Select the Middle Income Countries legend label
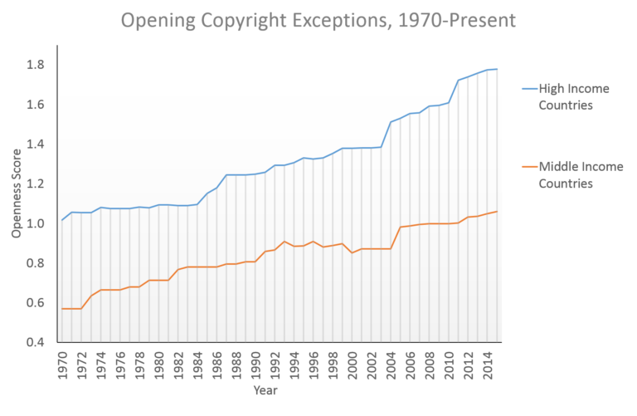(x=575, y=175)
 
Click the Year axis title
(x=266, y=389)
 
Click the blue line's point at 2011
(x=460, y=81)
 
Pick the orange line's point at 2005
(x=401, y=228)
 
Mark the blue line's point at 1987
(x=226, y=175)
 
